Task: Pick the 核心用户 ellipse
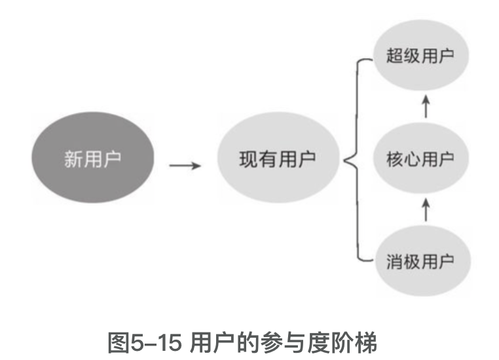(x=420, y=159)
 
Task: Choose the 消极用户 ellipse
(x=420, y=261)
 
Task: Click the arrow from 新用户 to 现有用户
(x=185, y=164)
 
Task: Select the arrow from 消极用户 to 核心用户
(x=426, y=210)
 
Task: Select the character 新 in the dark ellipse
(x=73, y=159)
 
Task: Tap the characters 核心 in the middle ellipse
(x=403, y=159)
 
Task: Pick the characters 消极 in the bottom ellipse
(x=403, y=261)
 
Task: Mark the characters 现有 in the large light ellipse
(x=257, y=159)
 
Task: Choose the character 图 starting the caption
(x=117, y=340)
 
